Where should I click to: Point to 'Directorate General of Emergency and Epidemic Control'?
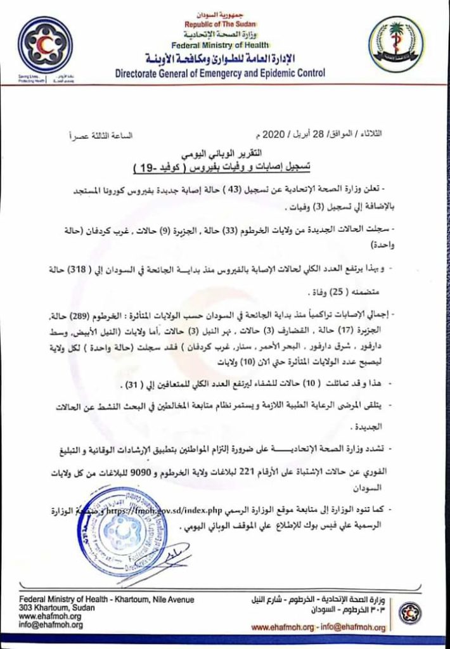pos(221,74)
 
